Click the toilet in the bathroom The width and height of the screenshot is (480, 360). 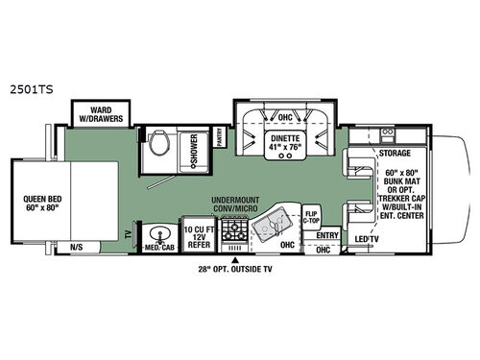point(158,144)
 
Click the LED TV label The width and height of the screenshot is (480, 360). point(364,239)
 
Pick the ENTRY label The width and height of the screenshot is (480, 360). point(327,234)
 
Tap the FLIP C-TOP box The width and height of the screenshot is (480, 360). point(312,216)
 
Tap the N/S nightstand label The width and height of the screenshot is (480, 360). point(76,247)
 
